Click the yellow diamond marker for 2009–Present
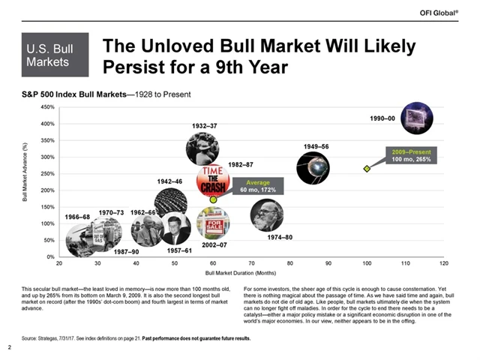[x=367, y=169]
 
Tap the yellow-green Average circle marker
[x=213, y=199]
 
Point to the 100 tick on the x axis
[x=367, y=264]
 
